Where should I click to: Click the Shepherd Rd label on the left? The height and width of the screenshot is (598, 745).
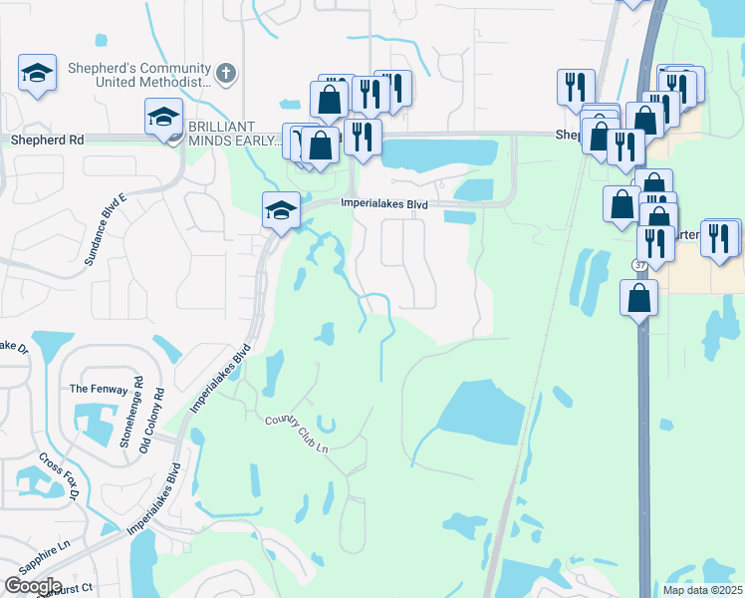pyautogui.click(x=47, y=141)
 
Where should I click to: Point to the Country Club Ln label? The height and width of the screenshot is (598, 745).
pyautogui.click(x=296, y=434)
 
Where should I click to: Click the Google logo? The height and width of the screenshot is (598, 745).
pyautogui.click(x=33, y=586)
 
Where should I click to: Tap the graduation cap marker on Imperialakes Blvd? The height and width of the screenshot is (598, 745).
pyautogui.click(x=281, y=210)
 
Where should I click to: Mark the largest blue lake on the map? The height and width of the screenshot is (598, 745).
pyautogui.click(x=480, y=412)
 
